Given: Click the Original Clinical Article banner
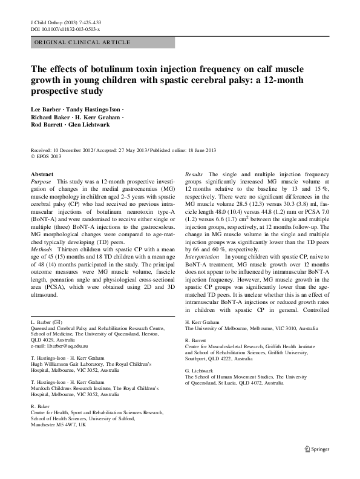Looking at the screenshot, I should [83, 42].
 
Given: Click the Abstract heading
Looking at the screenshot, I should [42, 174].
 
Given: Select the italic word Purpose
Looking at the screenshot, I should [41, 182].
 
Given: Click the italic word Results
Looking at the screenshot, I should [194, 174].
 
